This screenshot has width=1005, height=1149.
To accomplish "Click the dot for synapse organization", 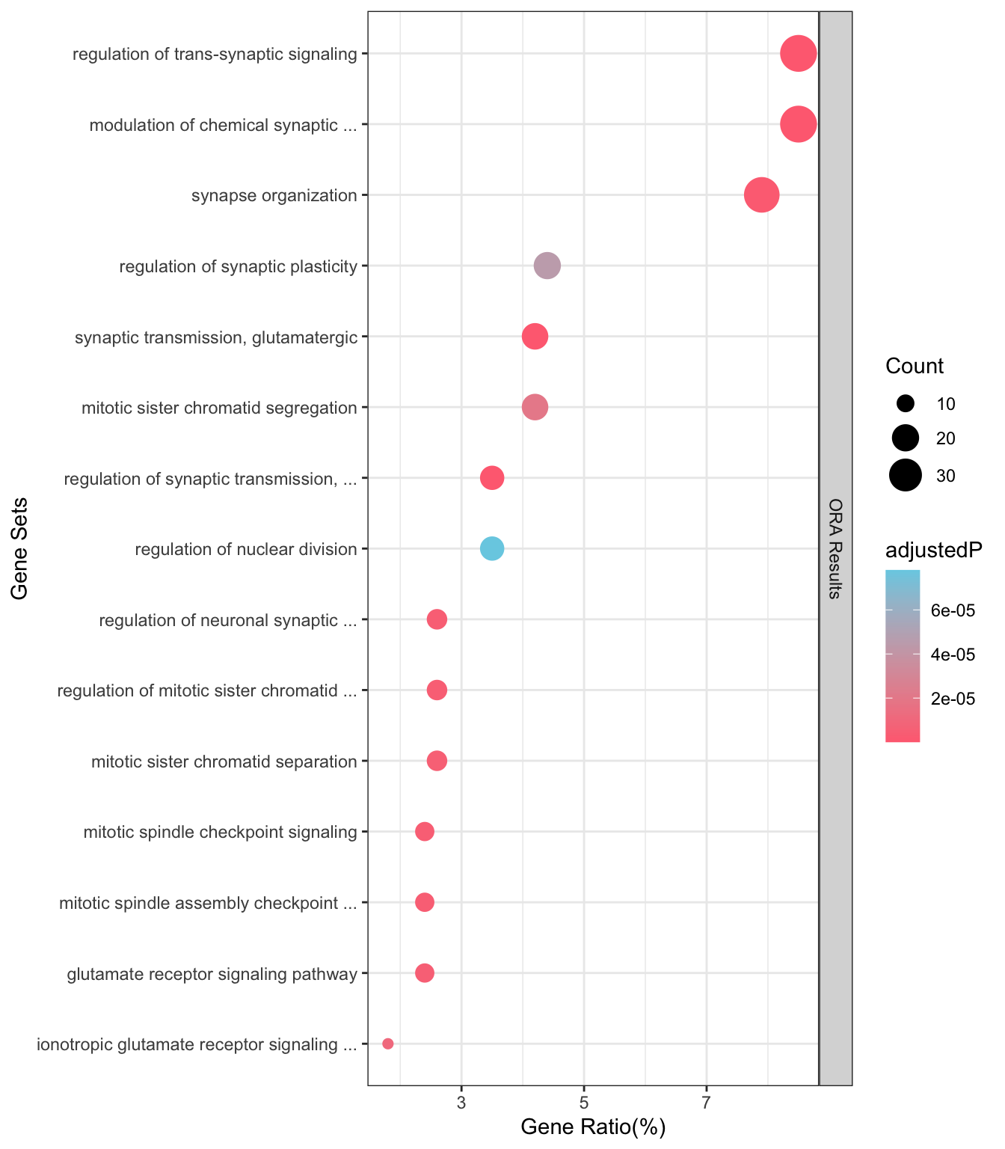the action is (761, 195).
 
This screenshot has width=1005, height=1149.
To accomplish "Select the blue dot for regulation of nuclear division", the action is (492, 548).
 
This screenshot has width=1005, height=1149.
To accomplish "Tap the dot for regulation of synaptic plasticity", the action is (547, 266).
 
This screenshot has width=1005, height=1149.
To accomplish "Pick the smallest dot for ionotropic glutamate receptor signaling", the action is (387, 1044).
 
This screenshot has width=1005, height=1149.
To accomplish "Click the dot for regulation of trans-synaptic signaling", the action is (798, 53).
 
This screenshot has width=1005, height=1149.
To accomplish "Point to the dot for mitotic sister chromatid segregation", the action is (535, 407).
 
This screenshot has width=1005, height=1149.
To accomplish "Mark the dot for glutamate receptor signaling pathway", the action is (425, 972).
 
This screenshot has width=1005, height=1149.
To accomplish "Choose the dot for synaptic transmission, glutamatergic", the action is (535, 337).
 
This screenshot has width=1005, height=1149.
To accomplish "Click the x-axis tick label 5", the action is (584, 1103).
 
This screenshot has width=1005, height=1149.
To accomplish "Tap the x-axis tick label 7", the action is (707, 1103).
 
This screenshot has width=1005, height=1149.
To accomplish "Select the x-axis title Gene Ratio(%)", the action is (593, 1127).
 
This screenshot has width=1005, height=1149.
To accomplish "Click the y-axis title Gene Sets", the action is (19, 548).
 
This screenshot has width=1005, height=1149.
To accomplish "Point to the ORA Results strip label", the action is (835, 548).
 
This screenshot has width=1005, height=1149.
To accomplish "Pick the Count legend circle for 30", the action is (905, 475).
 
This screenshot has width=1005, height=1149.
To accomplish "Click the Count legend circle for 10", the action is (905, 403).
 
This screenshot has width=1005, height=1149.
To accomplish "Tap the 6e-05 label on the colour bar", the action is (953, 610).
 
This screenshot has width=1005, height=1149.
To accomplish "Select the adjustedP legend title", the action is (934, 551).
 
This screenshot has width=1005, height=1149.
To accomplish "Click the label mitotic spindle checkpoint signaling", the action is (220, 832).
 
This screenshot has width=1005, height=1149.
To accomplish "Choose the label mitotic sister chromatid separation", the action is (224, 762).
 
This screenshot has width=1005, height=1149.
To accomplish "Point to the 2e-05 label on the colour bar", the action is (953, 699).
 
